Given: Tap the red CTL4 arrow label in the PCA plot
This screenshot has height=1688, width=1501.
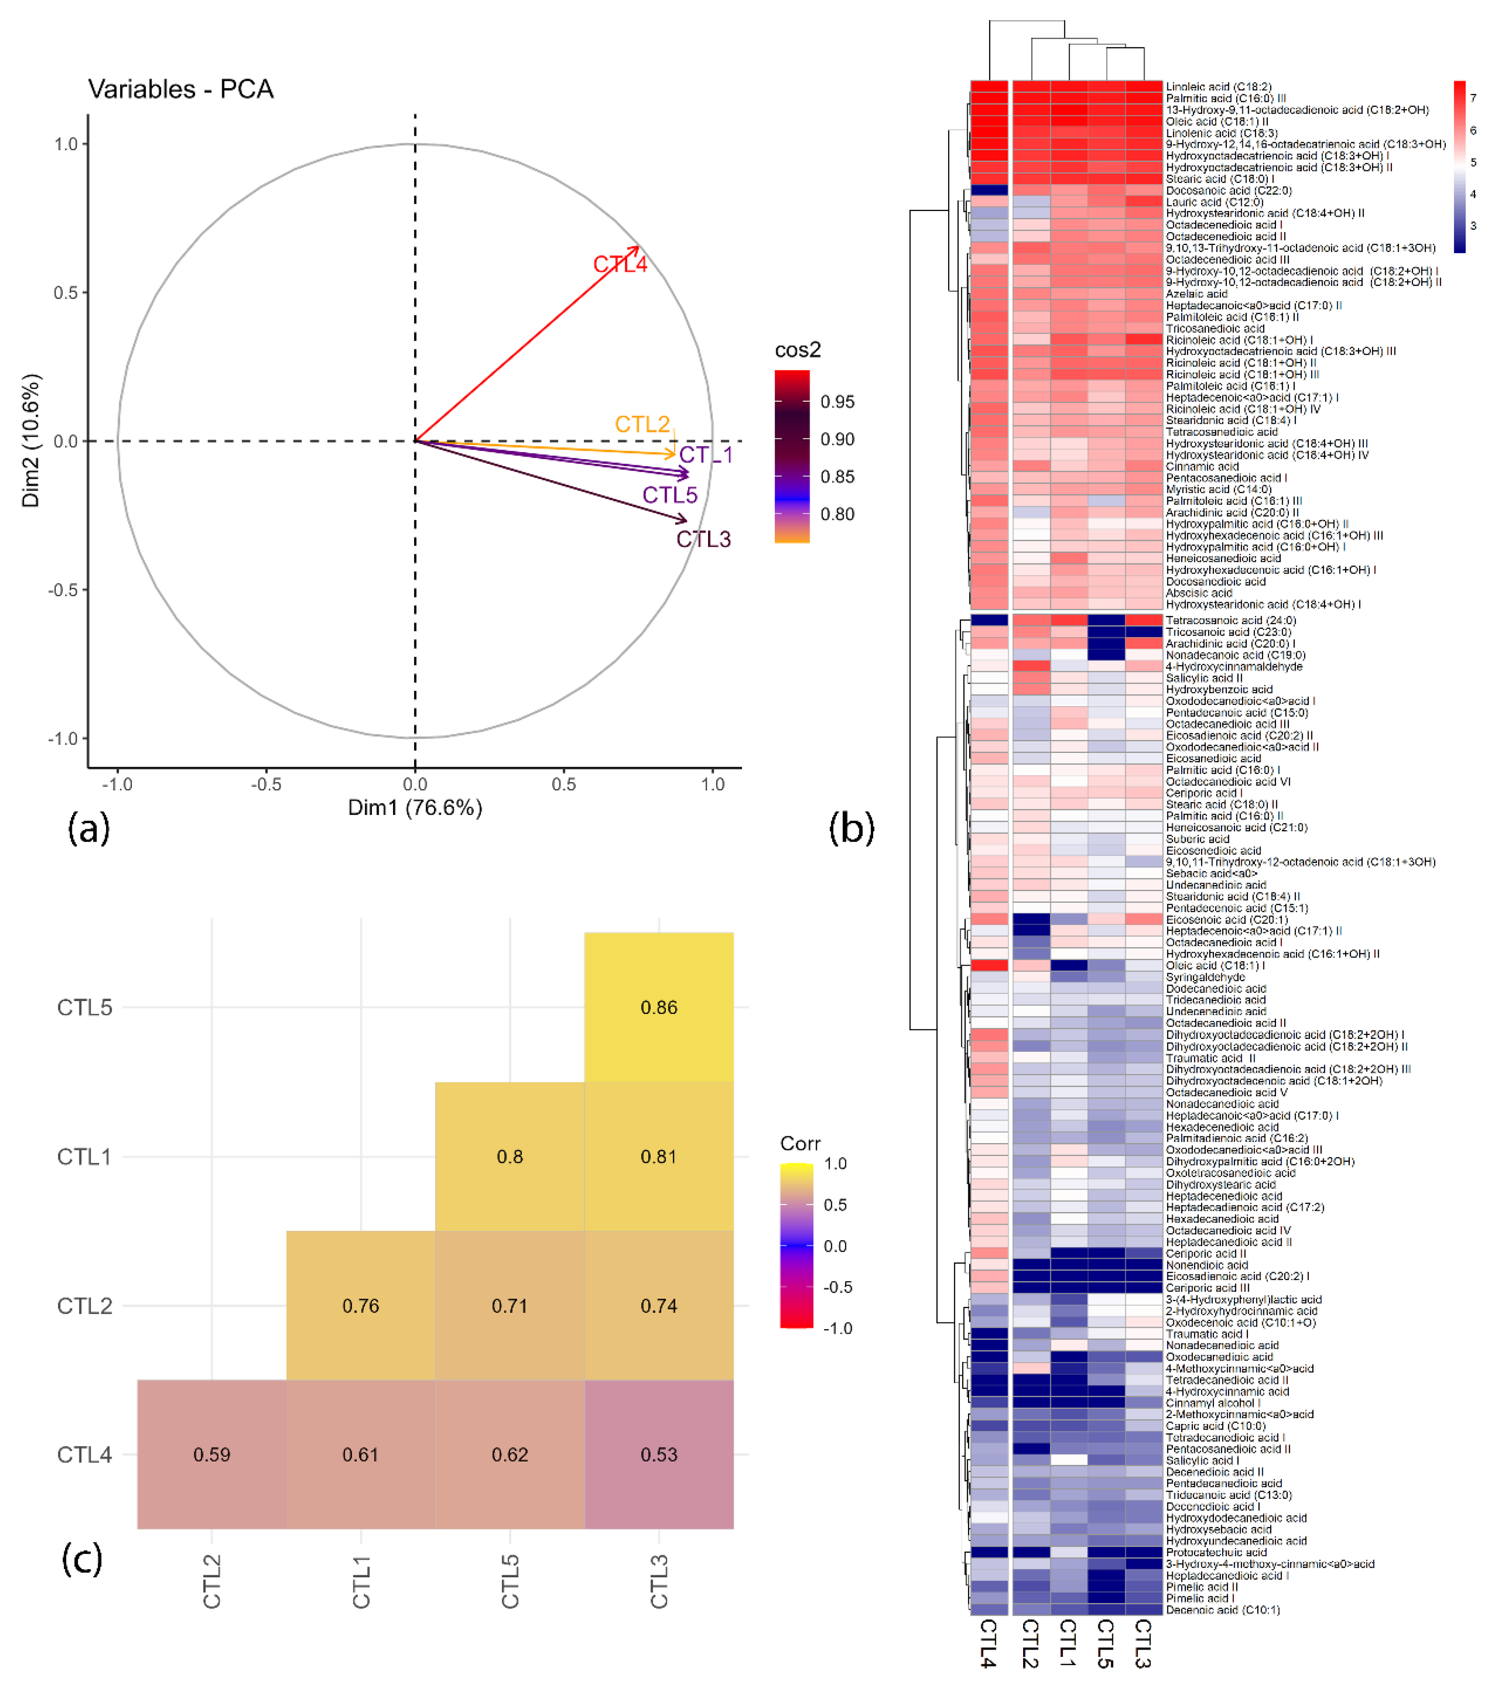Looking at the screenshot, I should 620,264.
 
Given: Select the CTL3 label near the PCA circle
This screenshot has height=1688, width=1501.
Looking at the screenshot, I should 703,539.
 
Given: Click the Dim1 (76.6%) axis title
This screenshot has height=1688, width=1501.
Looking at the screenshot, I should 415,808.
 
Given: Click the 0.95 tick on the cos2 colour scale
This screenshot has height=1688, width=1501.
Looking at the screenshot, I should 837,402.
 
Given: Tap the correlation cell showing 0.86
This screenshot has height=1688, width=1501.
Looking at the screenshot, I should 658,1007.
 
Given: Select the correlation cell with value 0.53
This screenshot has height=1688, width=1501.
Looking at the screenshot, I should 658,1454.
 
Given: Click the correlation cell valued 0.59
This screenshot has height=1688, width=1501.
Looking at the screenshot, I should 212,1454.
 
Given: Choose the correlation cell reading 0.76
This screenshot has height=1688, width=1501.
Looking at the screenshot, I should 360,1306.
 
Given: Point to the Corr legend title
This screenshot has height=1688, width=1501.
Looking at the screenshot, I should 800,1144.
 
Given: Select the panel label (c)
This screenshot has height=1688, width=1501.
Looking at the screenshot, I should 82,1558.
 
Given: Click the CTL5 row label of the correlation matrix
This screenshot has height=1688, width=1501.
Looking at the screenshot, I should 84,1007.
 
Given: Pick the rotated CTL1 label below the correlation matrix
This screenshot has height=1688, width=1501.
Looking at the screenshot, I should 361,1582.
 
